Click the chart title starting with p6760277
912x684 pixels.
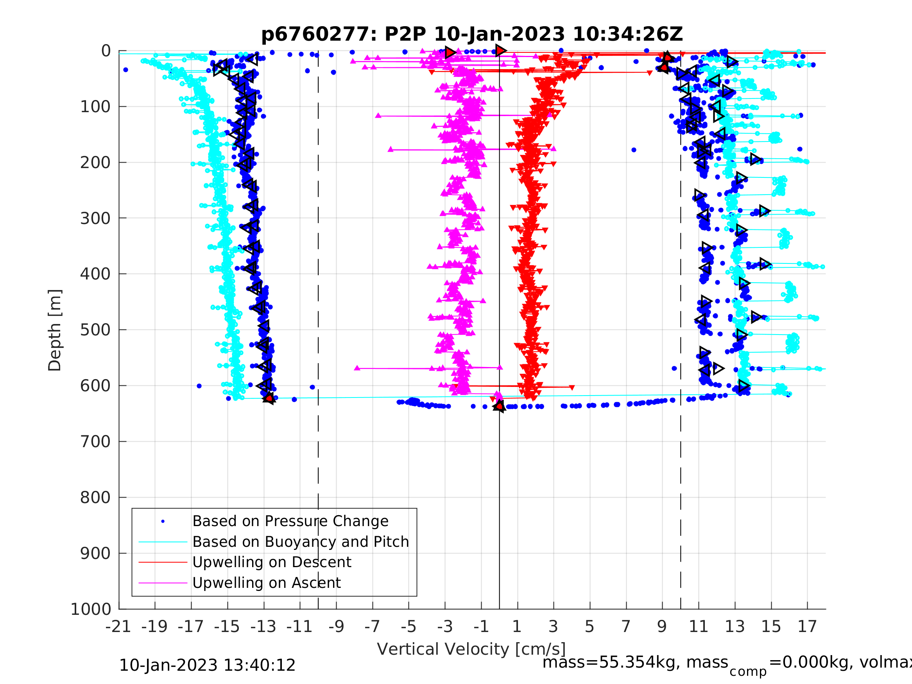(x=472, y=34)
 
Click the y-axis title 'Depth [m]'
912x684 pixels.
(x=55, y=330)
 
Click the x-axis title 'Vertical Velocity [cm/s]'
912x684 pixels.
(x=471, y=649)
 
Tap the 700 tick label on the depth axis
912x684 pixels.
(x=95, y=442)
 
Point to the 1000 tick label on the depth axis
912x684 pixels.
(x=91, y=609)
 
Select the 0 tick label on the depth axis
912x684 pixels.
(x=106, y=51)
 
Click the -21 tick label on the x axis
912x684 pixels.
(x=118, y=627)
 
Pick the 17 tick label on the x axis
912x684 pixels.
(x=807, y=627)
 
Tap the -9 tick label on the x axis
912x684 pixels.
(x=336, y=627)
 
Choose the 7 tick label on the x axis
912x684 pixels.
(x=626, y=627)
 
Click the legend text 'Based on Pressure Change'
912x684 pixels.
(x=290, y=521)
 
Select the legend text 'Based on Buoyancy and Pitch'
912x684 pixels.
(x=301, y=542)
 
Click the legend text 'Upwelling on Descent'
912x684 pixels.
(x=272, y=562)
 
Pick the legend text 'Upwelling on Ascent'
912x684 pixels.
(x=266, y=583)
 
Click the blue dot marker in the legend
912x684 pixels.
(x=163, y=521)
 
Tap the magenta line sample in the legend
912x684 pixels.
(x=163, y=583)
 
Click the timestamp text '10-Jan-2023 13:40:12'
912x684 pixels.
(x=207, y=665)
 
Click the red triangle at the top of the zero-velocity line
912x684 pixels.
(x=500, y=50)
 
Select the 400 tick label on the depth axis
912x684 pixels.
(x=95, y=274)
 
